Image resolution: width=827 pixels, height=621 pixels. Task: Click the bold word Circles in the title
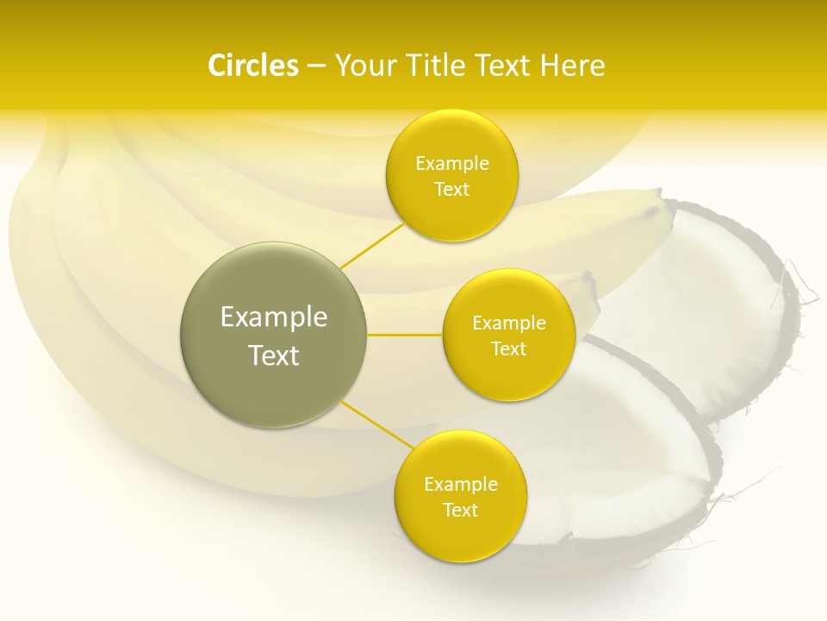tap(253, 66)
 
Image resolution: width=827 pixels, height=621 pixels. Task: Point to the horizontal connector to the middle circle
tap(404, 335)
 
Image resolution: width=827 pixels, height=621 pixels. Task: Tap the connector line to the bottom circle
tap(376, 424)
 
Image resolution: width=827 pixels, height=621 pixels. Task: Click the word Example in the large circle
tap(273, 317)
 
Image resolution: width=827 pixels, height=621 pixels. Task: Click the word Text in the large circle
tap(273, 355)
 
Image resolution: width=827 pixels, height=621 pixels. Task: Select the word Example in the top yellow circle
tap(451, 164)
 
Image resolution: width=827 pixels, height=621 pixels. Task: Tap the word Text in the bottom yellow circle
tap(460, 510)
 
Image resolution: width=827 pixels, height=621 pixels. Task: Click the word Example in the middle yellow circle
tap(508, 323)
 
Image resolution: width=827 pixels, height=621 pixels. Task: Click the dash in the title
tap(315, 66)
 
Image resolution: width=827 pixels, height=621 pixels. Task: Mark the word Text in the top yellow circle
tap(451, 190)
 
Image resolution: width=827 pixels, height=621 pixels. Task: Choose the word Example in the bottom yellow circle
tap(460, 485)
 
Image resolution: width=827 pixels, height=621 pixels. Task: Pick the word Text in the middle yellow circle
tap(508, 348)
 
